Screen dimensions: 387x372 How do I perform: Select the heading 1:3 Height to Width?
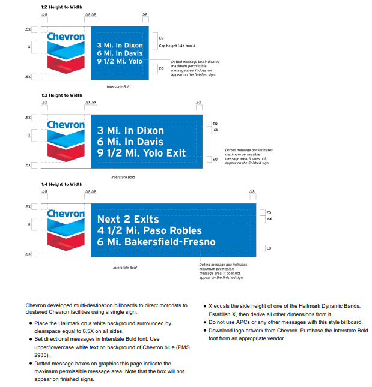(61, 95)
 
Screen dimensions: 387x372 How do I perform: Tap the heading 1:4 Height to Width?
(61, 184)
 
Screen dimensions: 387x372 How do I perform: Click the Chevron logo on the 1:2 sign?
(65, 50)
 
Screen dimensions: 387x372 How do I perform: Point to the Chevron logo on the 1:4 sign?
(66, 228)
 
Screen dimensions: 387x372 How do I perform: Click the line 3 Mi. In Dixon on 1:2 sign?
(120, 44)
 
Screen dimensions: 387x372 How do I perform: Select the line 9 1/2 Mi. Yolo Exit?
(142, 153)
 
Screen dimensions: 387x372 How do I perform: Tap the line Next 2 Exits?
(124, 219)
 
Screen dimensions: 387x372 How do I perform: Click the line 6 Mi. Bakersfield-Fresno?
(156, 242)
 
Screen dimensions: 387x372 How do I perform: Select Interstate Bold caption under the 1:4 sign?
(126, 267)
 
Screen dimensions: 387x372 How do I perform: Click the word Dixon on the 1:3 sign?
(147, 130)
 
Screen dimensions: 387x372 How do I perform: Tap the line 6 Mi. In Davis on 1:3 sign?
(130, 142)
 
